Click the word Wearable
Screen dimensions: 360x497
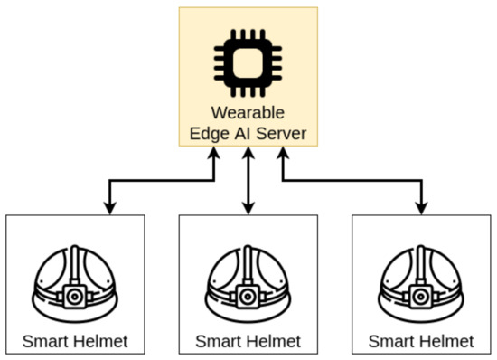click(248, 114)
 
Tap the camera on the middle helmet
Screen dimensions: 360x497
click(248, 295)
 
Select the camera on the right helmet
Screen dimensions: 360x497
click(421, 295)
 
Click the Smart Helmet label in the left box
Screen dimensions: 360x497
click(75, 342)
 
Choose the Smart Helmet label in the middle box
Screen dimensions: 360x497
click(248, 343)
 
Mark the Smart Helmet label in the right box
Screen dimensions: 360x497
click(421, 342)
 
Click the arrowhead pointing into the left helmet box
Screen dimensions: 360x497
click(109, 209)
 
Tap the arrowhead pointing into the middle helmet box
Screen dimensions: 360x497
click(248, 209)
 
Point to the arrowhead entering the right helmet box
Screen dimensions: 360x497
click(421, 209)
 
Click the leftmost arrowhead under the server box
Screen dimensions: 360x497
click(214, 156)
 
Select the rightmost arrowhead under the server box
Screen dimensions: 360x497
click(282, 156)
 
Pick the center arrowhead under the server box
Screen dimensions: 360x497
click(248, 156)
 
